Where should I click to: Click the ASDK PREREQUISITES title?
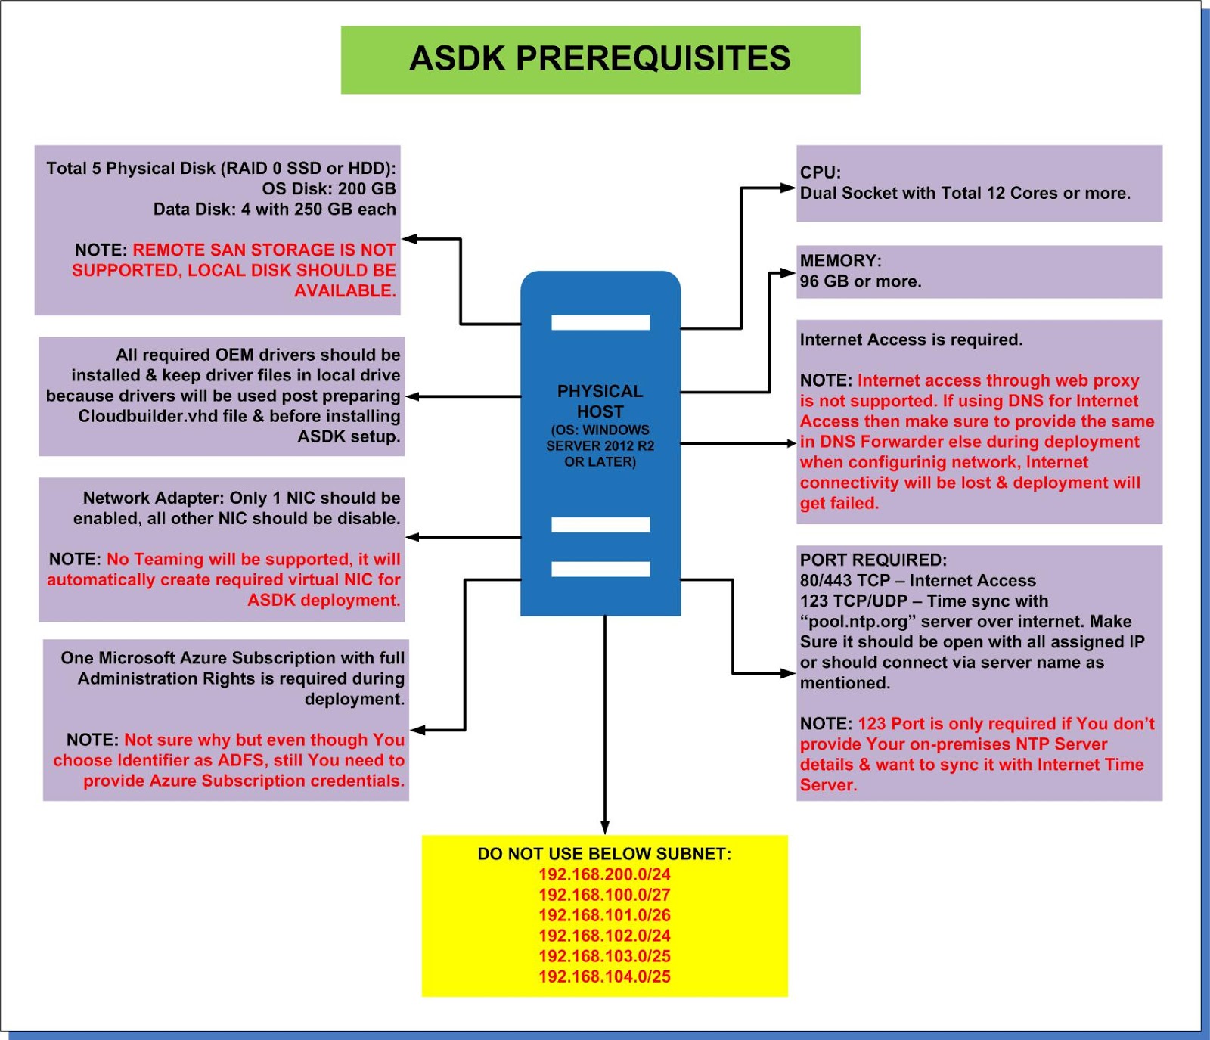coord(600,59)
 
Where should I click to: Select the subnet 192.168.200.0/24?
coord(604,874)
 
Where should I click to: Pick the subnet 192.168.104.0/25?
coord(604,976)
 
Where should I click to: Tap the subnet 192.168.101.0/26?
coord(604,915)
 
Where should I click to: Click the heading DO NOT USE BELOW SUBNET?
coord(604,854)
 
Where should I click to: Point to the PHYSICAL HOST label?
coord(600,402)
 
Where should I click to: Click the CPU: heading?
coord(821,172)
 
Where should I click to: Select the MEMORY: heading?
coord(840,261)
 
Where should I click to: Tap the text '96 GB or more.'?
coord(861,281)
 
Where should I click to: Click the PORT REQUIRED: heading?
coord(873,560)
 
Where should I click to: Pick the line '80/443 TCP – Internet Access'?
coord(917,581)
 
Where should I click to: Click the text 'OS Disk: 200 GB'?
coord(329,189)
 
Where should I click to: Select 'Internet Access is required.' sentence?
coord(911,340)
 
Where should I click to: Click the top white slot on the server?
coord(600,323)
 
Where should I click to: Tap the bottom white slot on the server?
coord(600,570)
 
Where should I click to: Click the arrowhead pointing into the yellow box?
coord(604,827)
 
